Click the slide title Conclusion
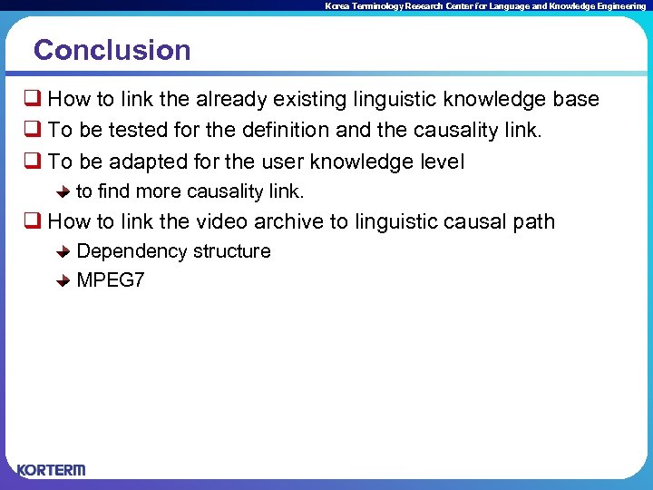(x=112, y=50)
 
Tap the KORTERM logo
(x=52, y=470)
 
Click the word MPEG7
(x=111, y=280)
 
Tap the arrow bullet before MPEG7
(x=63, y=281)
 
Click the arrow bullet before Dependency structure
(x=63, y=252)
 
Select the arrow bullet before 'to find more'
(x=63, y=192)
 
